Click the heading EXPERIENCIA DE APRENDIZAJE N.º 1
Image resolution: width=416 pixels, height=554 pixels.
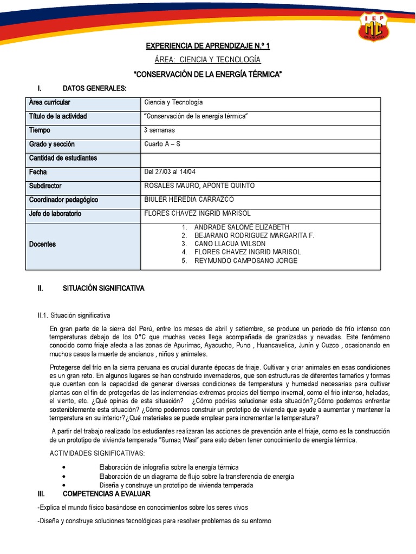pyautogui.click(x=208, y=47)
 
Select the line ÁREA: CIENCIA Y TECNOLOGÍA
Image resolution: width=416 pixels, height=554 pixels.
pyautogui.click(x=208, y=60)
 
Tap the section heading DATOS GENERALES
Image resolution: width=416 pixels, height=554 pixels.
pyautogui.click(x=95, y=88)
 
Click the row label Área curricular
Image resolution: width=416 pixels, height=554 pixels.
pyautogui.click(x=50, y=102)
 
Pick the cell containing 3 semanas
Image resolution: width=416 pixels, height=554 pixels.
pyautogui.click(x=160, y=130)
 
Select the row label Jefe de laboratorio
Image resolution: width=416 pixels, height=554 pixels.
pyautogui.click(x=55, y=214)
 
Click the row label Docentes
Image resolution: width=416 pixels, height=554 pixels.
pyautogui.click(x=43, y=245)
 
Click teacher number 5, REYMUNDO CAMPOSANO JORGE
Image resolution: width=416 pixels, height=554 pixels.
pyautogui.click(x=245, y=261)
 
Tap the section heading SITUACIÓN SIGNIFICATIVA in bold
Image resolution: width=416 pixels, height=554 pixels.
pyautogui.click(x=103, y=289)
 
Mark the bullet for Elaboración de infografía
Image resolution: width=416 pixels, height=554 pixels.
pyautogui.click(x=65, y=467)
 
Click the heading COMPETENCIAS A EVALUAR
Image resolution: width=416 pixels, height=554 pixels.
pyautogui.click(x=107, y=494)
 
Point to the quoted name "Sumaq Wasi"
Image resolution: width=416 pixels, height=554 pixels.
pyautogui.click(x=175, y=441)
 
